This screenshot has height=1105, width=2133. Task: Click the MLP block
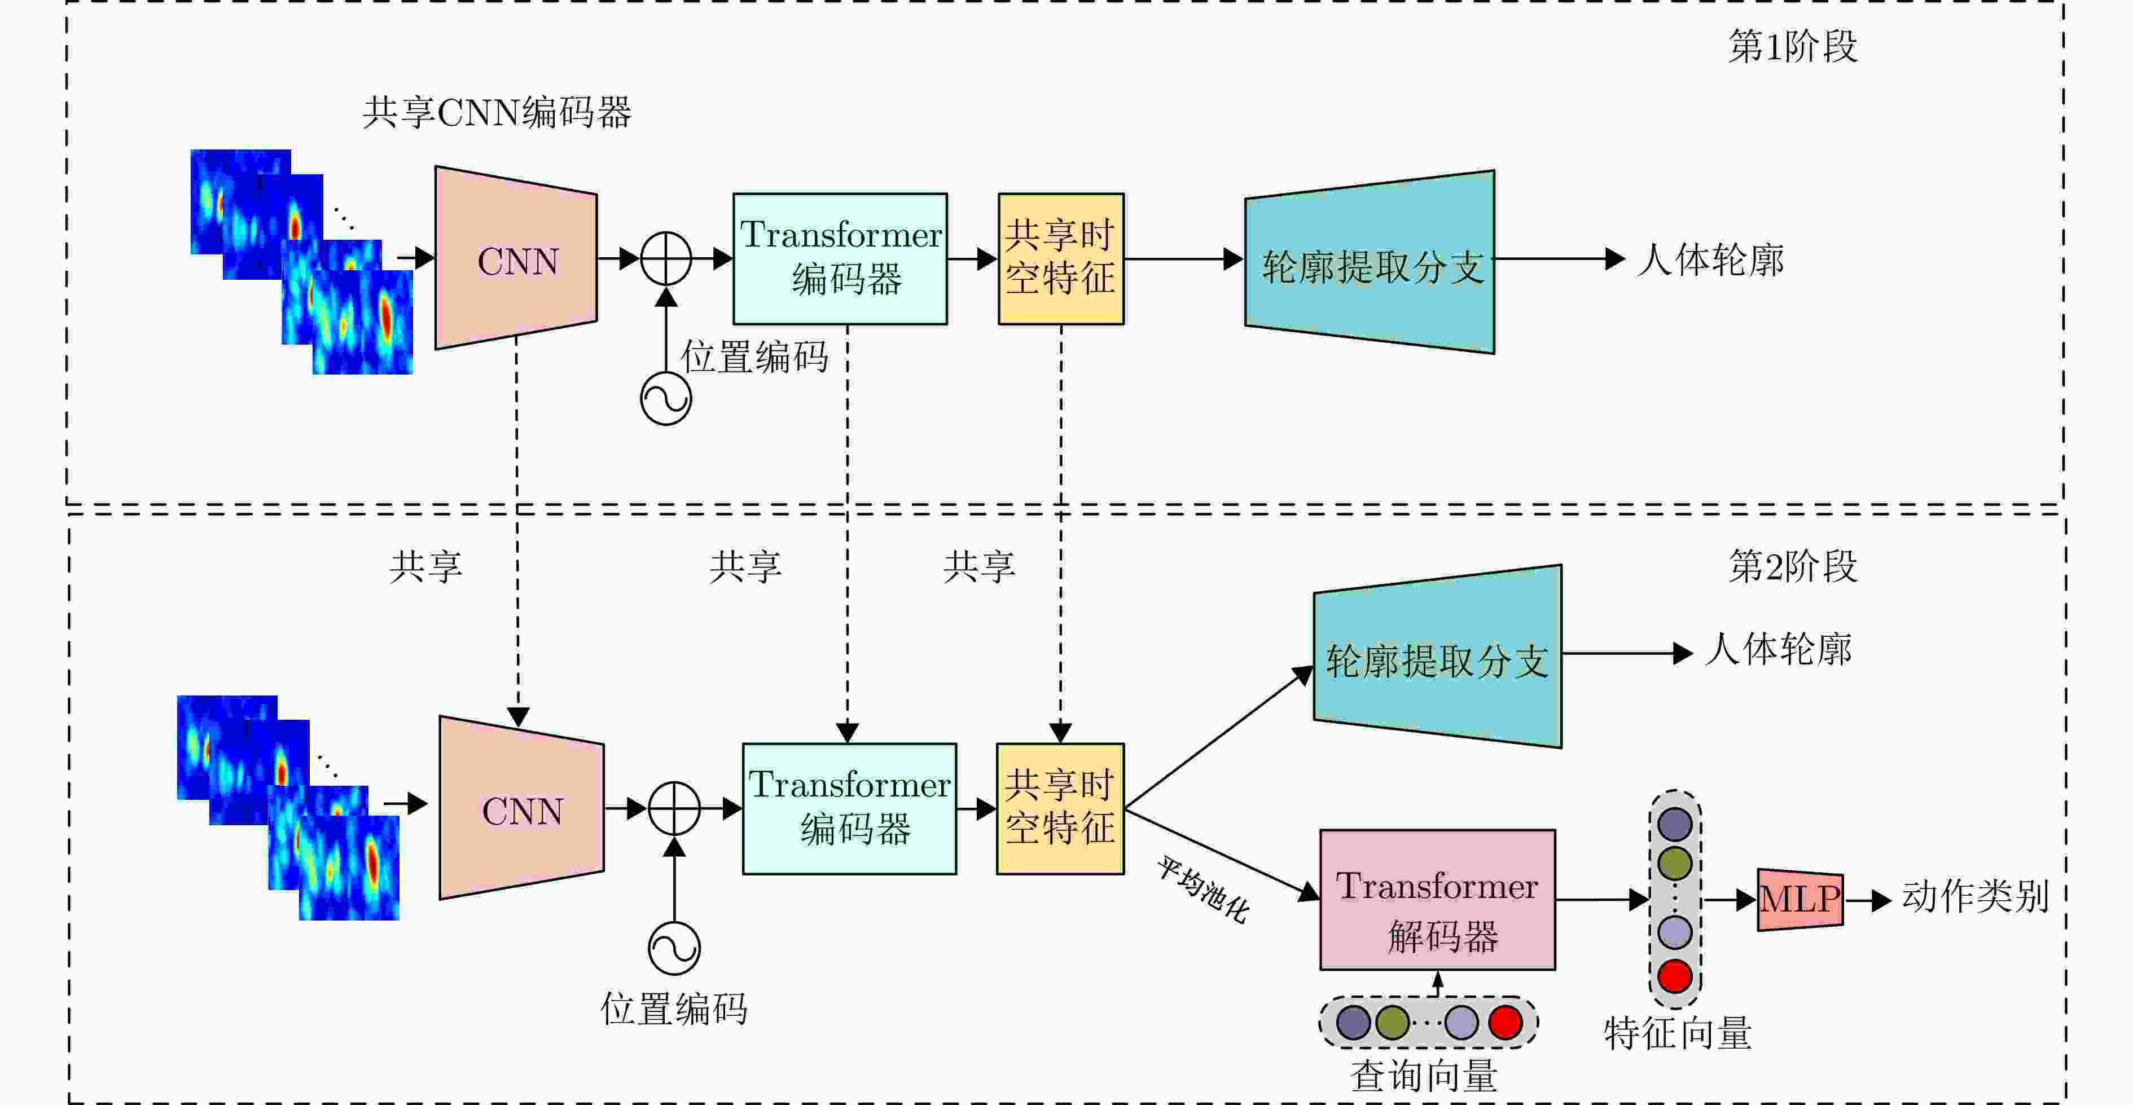pos(1800,900)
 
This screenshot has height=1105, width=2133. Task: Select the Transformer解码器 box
pos(1437,900)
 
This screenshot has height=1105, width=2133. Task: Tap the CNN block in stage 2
pos(521,809)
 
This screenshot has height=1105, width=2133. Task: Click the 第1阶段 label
pos(1793,46)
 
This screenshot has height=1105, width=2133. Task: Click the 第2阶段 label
pos(1793,567)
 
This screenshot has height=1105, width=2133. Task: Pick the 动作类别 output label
pos(1975,896)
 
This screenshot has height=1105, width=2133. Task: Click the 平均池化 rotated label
pos(1202,890)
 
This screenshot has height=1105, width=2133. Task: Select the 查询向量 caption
pos(1424,1076)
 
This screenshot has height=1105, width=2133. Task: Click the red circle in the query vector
pos(1504,1022)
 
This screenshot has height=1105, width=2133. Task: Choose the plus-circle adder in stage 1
pos(666,259)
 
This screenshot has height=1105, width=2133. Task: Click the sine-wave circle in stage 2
pos(674,949)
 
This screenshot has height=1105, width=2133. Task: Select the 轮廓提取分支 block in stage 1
pos(1371,262)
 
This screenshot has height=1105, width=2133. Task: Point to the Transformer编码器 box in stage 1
pos(840,259)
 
